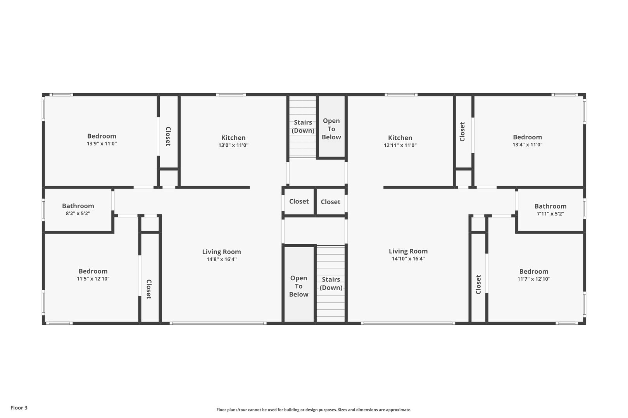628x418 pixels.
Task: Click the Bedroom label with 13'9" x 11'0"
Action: pyautogui.click(x=102, y=136)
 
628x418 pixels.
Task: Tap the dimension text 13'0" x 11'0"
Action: pyautogui.click(x=233, y=146)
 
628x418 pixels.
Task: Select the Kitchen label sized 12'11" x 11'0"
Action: pyautogui.click(x=400, y=137)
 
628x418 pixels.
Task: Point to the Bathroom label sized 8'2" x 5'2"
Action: pyautogui.click(x=78, y=206)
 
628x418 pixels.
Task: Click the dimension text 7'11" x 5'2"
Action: pyautogui.click(x=550, y=214)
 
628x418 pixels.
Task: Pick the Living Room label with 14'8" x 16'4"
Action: pyautogui.click(x=221, y=252)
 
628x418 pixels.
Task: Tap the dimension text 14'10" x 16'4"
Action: pyautogui.click(x=408, y=259)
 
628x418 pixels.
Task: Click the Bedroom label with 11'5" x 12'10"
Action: pyautogui.click(x=93, y=271)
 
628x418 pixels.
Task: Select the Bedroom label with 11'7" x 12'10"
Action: pyautogui.click(x=533, y=271)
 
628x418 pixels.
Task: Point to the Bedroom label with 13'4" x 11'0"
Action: pyautogui.click(x=527, y=137)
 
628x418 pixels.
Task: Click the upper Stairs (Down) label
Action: pyautogui.click(x=303, y=127)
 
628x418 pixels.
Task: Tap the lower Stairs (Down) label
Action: pyautogui.click(x=331, y=283)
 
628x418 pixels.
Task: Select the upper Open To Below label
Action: pyautogui.click(x=331, y=129)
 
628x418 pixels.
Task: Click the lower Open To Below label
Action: pyautogui.click(x=298, y=286)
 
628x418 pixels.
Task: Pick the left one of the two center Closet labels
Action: pyautogui.click(x=299, y=201)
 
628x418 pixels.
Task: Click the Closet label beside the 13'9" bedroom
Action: pyautogui.click(x=168, y=136)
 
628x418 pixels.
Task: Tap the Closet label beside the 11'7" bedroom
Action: pyautogui.click(x=478, y=284)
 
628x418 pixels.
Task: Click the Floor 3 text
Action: pyautogui.click(x=19, y=408)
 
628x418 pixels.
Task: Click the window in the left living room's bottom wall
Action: pyautogui.click(x=218, y=323)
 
